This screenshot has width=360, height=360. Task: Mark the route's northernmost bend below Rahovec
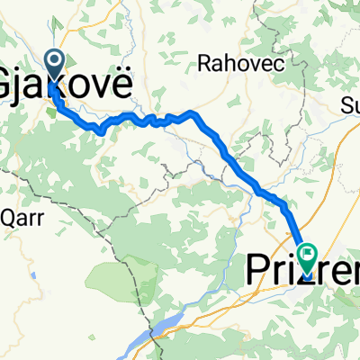click(x=192, y=113)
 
